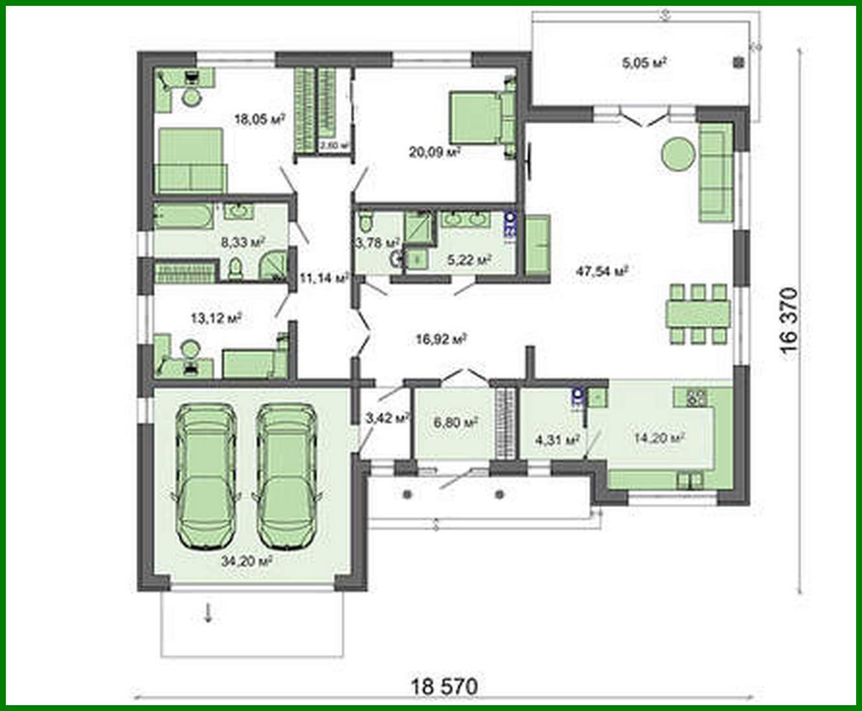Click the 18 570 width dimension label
[444, 685]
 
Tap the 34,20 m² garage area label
[246, 561]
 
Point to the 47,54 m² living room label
[602, 271]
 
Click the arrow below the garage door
[208, 613]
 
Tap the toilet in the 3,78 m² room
[366, 220]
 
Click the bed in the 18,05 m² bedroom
[190, 160]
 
